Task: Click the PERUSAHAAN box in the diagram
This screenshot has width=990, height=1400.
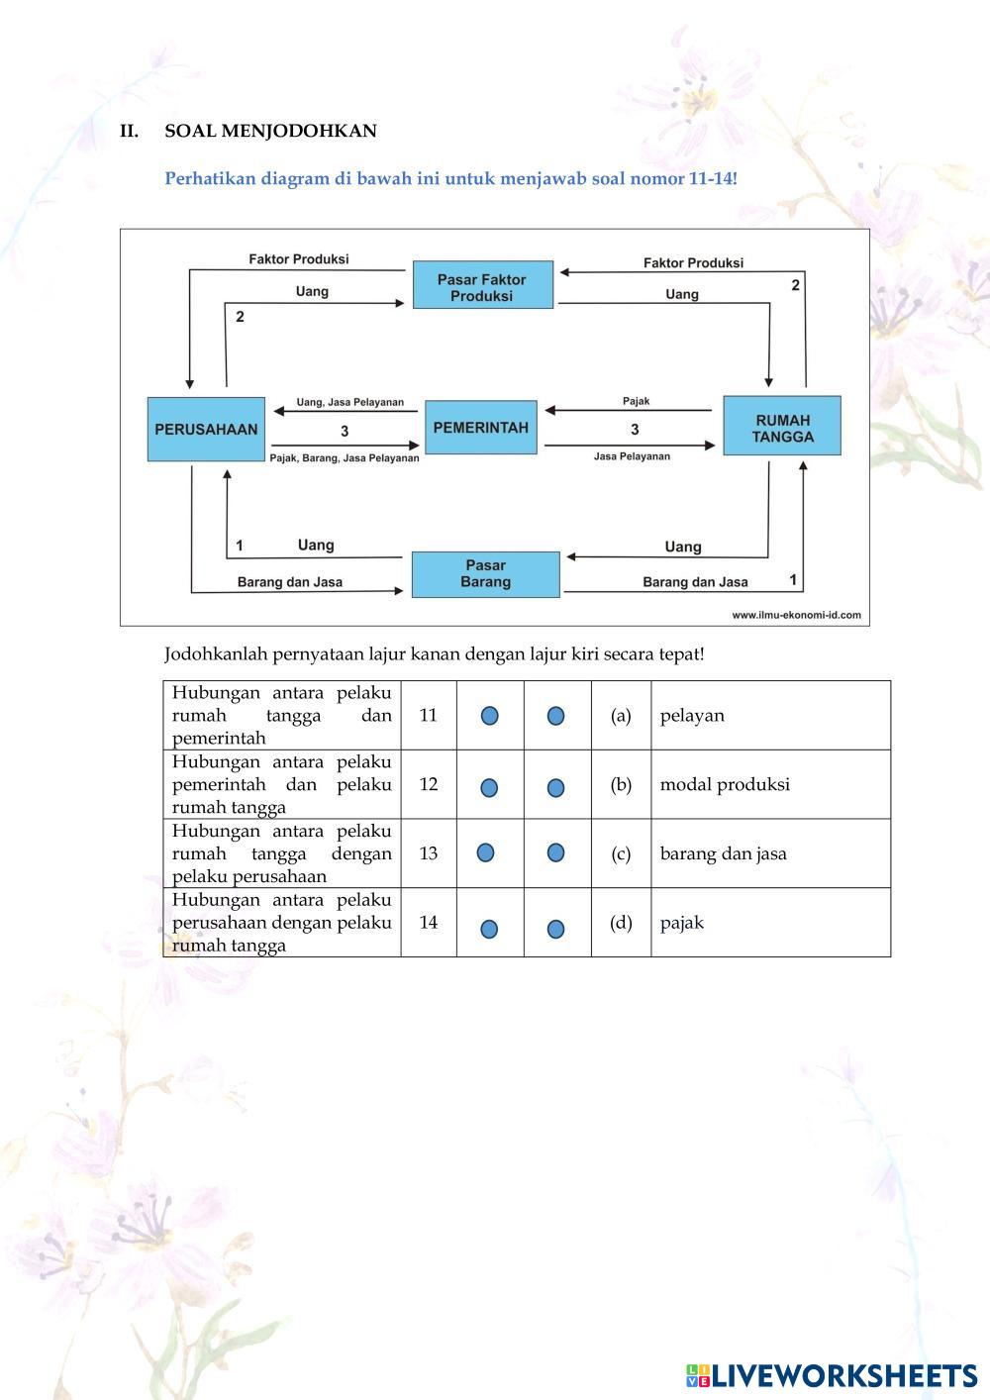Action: pos(206,430)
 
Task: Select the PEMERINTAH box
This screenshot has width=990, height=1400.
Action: pos(481,428)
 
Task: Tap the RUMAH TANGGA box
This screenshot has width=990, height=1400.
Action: pos(782,427)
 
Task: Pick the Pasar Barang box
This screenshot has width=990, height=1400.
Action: pos(485,574)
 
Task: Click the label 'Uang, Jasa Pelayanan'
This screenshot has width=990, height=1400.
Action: pos(350,403)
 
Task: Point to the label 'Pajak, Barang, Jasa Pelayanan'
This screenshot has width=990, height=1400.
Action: pos(345,458)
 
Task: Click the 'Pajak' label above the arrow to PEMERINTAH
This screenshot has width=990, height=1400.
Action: pos(637,402)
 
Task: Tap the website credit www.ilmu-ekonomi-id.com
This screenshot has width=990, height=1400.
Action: pos(796,615)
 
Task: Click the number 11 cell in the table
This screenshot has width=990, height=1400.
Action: pos(428,715)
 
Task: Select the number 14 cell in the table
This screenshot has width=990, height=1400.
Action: pos(428,922)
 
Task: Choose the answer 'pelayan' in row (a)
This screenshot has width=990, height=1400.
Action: pos(692,716)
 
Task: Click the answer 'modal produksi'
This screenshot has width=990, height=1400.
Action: pos(725,784)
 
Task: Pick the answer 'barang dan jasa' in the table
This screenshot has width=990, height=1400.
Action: pos(723,853)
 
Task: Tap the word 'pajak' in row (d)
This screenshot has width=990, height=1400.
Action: pos(682,923)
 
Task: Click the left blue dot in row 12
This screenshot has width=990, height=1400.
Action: pos(489,788)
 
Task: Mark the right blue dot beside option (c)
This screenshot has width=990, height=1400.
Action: pos(555,852)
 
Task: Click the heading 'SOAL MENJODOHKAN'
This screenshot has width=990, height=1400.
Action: pos(270,131)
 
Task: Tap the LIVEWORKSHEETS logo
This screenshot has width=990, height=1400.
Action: pos(832,1375)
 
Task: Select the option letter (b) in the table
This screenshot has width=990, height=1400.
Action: pos(621,784)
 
